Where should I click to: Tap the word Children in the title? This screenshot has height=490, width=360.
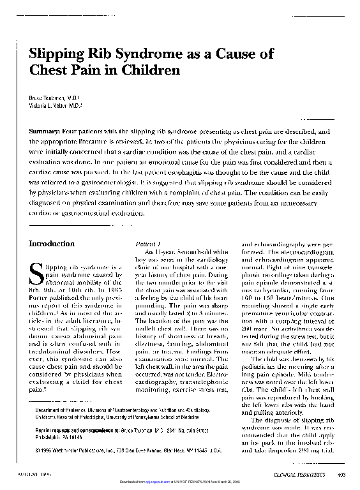(x=152, y=70)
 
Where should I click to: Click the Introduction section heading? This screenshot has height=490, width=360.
(x=52, y=244)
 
